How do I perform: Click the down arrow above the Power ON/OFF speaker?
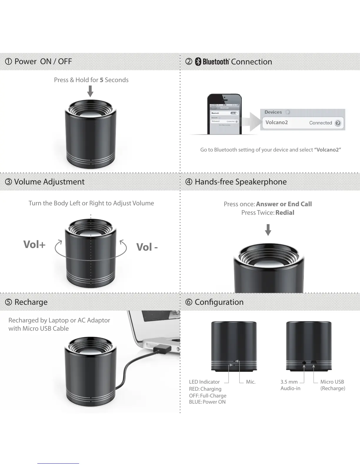(x=90, y=91)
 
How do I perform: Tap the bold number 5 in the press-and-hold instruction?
(x=101, y=80)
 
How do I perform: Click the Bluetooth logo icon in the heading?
(x=198, y=61)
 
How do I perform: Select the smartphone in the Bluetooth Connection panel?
(x=224, y=114)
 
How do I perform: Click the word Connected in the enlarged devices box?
(x=320, y=123)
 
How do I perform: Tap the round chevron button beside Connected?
(x=338, y=123)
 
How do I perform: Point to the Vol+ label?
(x=34, y=244)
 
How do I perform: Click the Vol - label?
(x=147, y=247)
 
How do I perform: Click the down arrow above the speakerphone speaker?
(x=268, y=230)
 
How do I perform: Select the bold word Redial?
(x=285, y=213)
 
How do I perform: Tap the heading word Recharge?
(x=31, y=302)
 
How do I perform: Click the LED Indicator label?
(x=204, y=382)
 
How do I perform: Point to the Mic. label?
(x=251, y=382)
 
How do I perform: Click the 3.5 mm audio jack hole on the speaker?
(x=304, y=363)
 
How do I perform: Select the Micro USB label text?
(x=332, y=382)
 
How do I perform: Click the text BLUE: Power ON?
(x=207, y=402)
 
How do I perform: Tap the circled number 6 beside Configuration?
(x=189, y=302)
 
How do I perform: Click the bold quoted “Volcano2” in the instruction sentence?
(x=327, y=150)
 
